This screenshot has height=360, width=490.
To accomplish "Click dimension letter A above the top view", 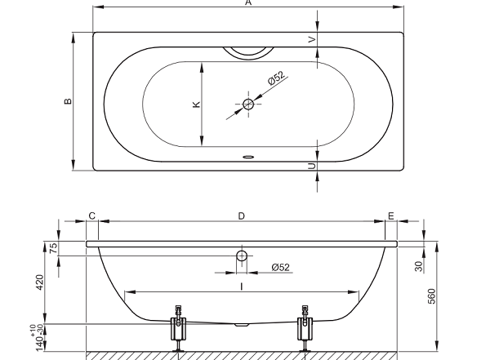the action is click(248, 2).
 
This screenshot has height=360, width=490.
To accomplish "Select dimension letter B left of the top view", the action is click(68, 101).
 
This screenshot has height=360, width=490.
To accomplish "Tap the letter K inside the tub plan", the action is click(196, 104).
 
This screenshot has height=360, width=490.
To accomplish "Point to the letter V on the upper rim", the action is click(312, 40).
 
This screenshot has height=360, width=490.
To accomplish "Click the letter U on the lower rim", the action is click(312, 166).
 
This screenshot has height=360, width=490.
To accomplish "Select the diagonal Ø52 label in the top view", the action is click(276, 78).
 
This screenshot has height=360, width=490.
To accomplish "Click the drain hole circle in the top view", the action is click(248, 104).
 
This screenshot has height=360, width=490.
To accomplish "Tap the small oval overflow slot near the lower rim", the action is click(248, 157).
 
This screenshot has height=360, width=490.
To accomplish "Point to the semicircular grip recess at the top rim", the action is click(248, 53).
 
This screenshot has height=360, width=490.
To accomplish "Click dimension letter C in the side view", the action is click(91, 216).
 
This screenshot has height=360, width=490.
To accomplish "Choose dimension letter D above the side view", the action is click(241, 216).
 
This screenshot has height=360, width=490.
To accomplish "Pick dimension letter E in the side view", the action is click(391, 216).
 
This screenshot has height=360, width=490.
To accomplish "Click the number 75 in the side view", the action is click(54, 248).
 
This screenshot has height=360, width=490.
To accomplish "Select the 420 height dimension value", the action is click(40, 282).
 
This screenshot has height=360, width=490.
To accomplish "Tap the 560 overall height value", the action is click(431, 296).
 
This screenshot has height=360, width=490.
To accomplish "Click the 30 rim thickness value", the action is click(419, 266).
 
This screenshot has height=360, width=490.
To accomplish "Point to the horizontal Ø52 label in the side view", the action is click(281, 267).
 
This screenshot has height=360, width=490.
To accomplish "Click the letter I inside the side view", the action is click(241, 287).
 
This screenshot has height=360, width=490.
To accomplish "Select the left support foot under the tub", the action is click(178, 329).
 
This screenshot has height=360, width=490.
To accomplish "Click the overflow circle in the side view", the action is click(242, 256).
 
